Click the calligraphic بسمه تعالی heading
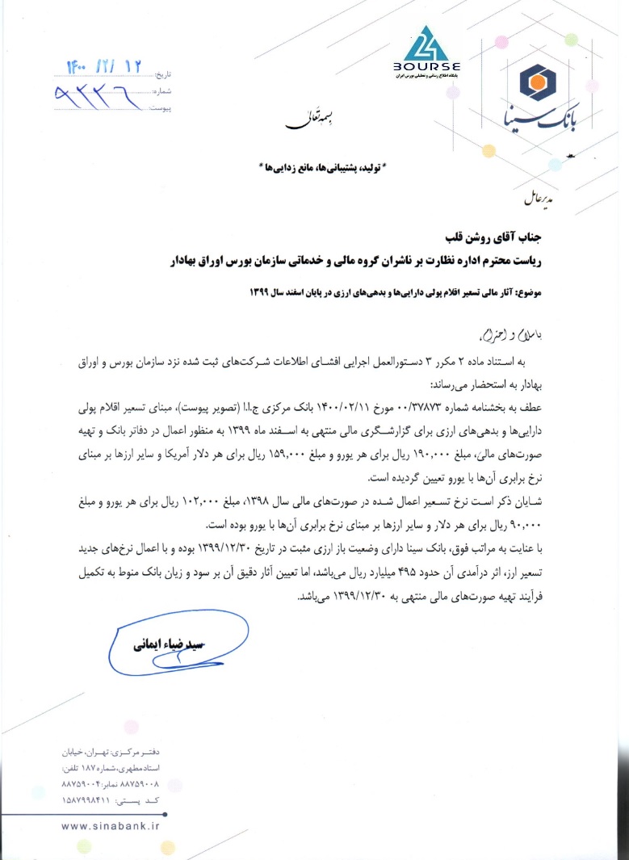click(x=301, y=122)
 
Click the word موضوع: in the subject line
click(x=527, y=292)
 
